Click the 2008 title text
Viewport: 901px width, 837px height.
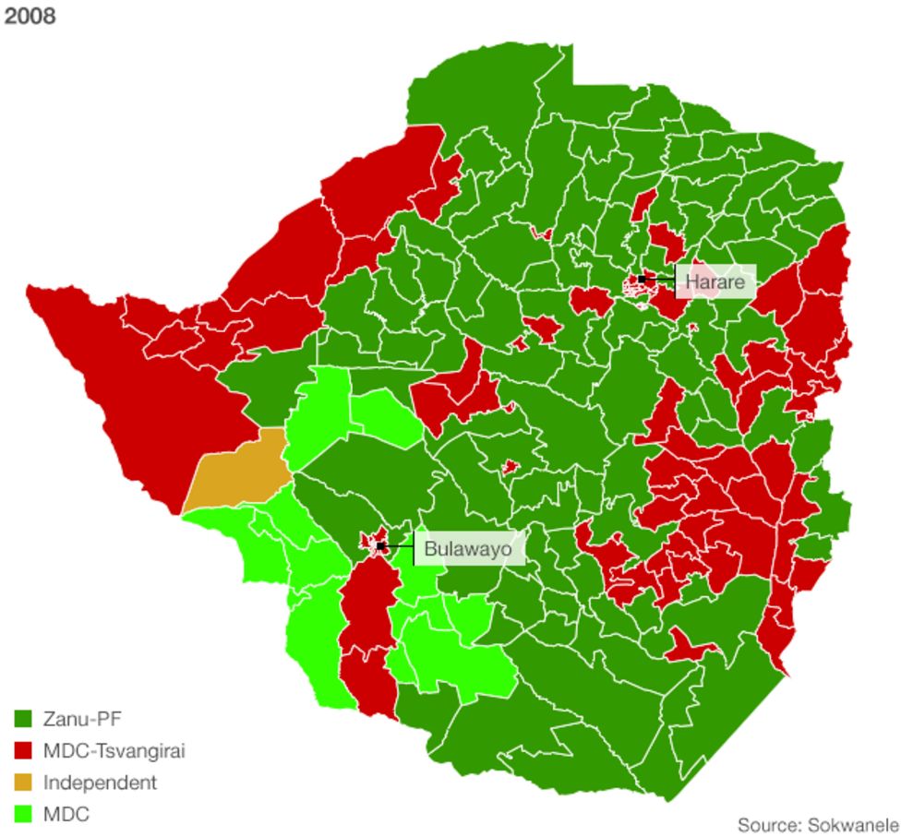point(30,17)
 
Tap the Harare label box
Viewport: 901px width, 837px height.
point(715,281)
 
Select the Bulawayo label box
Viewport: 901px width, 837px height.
point(468,550)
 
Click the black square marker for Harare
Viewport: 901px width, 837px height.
point(642,279)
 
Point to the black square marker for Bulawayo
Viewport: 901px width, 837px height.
point(380,546)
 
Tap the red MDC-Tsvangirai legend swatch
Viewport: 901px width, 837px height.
point(24,751)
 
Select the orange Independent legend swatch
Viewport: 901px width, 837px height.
point(24,783)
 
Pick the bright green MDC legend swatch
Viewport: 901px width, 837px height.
point(24,815)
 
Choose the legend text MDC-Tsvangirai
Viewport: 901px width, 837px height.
point(114,751)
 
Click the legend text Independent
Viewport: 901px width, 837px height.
point(100,783)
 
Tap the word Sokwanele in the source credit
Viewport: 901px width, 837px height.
point(853,823)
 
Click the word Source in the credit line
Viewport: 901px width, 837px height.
point(768,823)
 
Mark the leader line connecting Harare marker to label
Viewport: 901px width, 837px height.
point(660,279)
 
